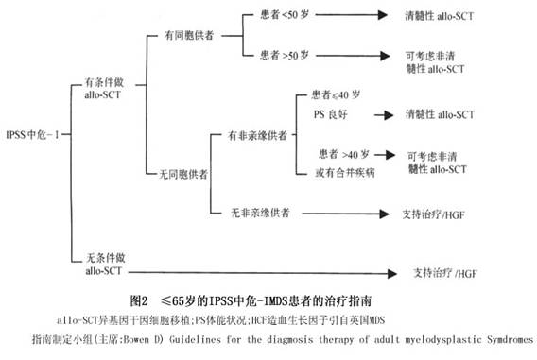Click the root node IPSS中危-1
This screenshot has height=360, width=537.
[32, 134]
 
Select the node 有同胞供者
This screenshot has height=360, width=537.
[189, 35]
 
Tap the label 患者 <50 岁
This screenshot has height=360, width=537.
[285, 15]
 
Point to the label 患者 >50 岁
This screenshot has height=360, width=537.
[285, 55]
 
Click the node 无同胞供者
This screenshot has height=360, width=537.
[183, 175]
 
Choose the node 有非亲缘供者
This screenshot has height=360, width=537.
[257, 135]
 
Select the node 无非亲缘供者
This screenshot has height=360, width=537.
[260, 213]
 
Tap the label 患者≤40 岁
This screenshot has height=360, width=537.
[336, 94]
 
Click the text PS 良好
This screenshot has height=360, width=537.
[331, 114]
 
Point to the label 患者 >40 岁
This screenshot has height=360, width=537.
[344, 154]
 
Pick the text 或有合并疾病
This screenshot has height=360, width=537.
[345, 172]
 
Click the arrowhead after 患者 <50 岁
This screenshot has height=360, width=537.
[383, 15]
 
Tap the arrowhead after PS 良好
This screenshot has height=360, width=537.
[389, 115]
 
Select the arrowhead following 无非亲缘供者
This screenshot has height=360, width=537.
[384, 214]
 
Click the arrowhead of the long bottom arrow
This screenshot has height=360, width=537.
[392, 273]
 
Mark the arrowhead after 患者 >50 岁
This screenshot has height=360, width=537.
[385, 56]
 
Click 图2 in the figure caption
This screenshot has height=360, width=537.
[139, 300]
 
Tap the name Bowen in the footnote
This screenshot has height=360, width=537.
[136, 339]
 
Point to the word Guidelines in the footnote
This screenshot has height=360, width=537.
[195, 339]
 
